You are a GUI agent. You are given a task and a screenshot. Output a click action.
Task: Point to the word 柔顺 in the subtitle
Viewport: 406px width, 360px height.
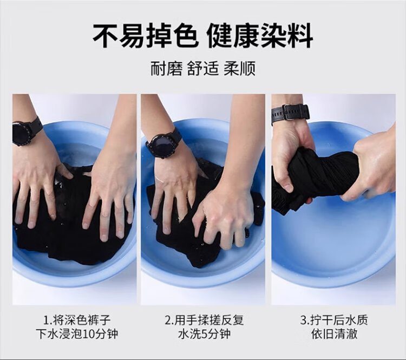[x=239, y=68]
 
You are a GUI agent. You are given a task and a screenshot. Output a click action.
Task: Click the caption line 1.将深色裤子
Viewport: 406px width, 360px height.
[x=77, y=320]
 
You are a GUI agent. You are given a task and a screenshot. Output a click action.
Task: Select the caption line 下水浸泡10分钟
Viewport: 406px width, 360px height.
[x=77, y=334]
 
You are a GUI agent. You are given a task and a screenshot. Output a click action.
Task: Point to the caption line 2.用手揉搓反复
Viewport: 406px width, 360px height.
[x=205, y=320]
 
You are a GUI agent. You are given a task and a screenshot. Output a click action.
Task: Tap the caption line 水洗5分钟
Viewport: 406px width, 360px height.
[x=205, y=334]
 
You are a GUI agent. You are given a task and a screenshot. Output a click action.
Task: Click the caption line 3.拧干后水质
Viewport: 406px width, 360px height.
[x=334, y=320]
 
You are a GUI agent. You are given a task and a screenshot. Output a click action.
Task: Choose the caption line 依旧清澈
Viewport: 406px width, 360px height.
[x=335, y=334]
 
